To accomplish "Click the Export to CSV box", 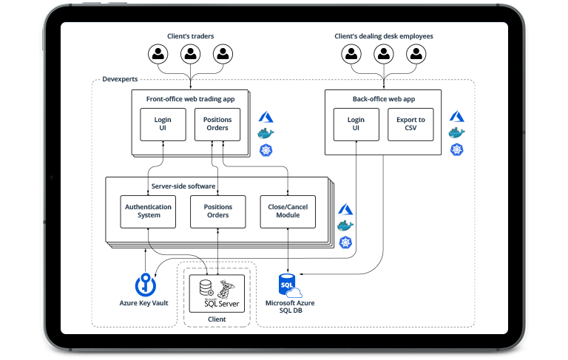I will point(411,124).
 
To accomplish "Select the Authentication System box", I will point(148,211).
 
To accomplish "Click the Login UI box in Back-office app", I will point(356,124).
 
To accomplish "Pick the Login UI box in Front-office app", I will point(163,124).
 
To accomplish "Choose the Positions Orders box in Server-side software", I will point(217,211).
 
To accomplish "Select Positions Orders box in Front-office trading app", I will point(217,124).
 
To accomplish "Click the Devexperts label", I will point(118,79).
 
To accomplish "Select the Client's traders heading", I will point(190,35).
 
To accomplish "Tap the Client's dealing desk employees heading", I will point(384,35).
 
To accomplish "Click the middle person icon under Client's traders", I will point(190,54).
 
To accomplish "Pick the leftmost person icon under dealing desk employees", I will point(351,54).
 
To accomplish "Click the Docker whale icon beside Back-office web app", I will point(457,134).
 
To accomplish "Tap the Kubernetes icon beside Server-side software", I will point(345,242).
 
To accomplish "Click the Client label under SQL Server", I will point(217,319).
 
